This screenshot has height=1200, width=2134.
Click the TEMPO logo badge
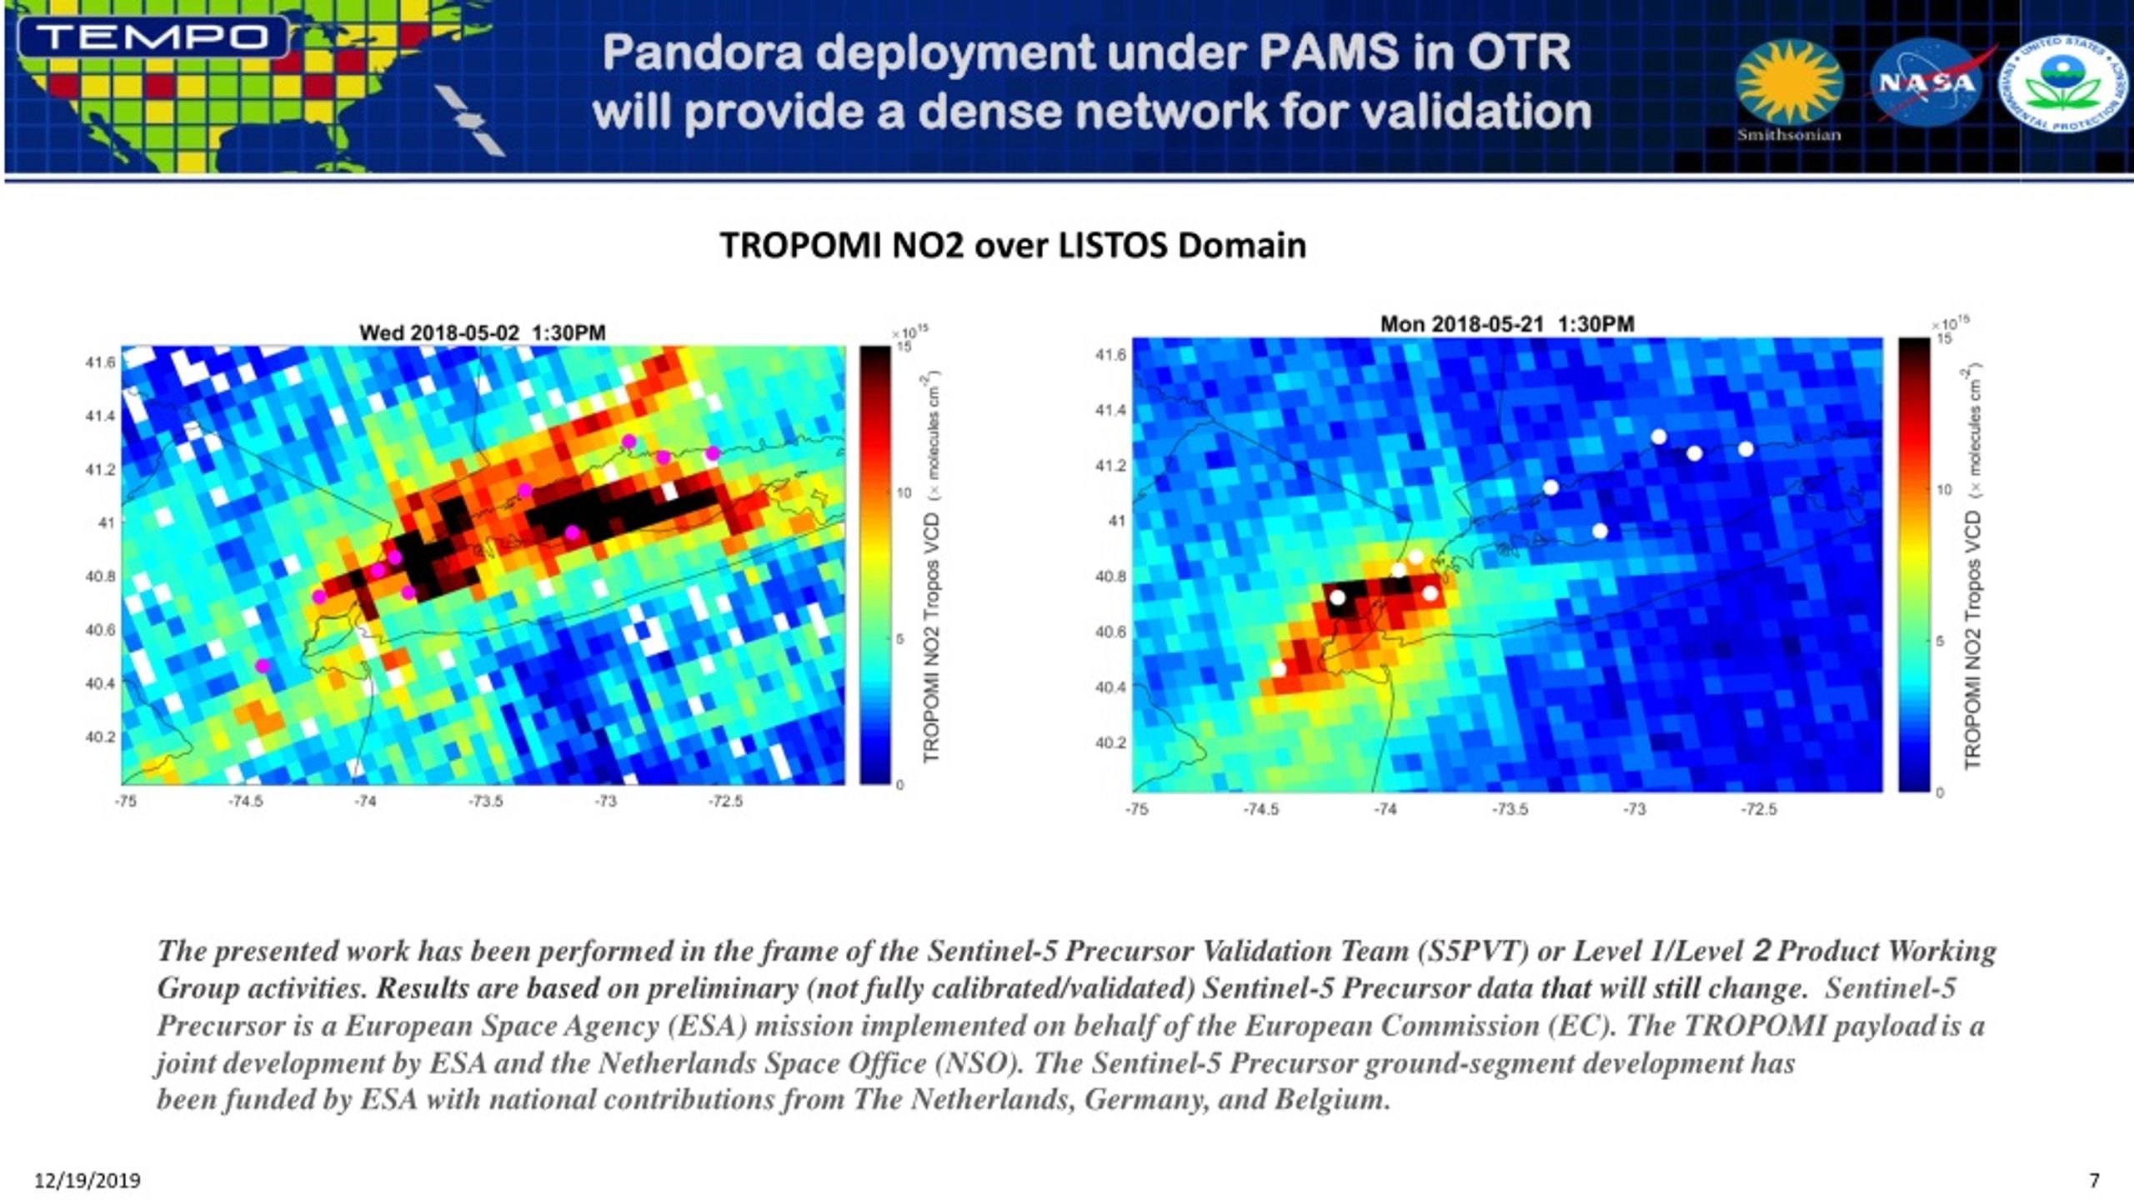(153, 37)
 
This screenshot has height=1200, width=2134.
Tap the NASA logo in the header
(1926, 82)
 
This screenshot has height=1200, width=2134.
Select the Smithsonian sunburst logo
(1789, 82)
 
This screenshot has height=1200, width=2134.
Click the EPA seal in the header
(2064, 83)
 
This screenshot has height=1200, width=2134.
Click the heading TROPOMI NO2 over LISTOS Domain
(1012, 246)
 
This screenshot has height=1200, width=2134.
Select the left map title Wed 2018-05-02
(482, 332)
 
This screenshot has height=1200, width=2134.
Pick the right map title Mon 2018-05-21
(1506, 324)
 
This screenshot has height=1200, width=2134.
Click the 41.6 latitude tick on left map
(100, 362)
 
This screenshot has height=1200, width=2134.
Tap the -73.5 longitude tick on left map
(485, 802)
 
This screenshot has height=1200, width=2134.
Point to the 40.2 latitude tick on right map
(1110, 742)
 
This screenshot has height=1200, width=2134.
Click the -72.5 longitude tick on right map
(1758, 809)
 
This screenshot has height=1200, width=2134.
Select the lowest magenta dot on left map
(263, 666)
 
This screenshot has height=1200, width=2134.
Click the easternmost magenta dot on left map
(712, 453)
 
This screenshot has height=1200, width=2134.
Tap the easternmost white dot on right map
(1746, 449)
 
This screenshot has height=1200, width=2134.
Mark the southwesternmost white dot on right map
(1278, 669)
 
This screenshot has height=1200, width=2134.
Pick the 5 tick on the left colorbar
(899, 639)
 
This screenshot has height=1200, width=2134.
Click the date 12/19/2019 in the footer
(87, 1181)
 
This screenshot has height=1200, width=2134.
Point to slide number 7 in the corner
(2093, 1180)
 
